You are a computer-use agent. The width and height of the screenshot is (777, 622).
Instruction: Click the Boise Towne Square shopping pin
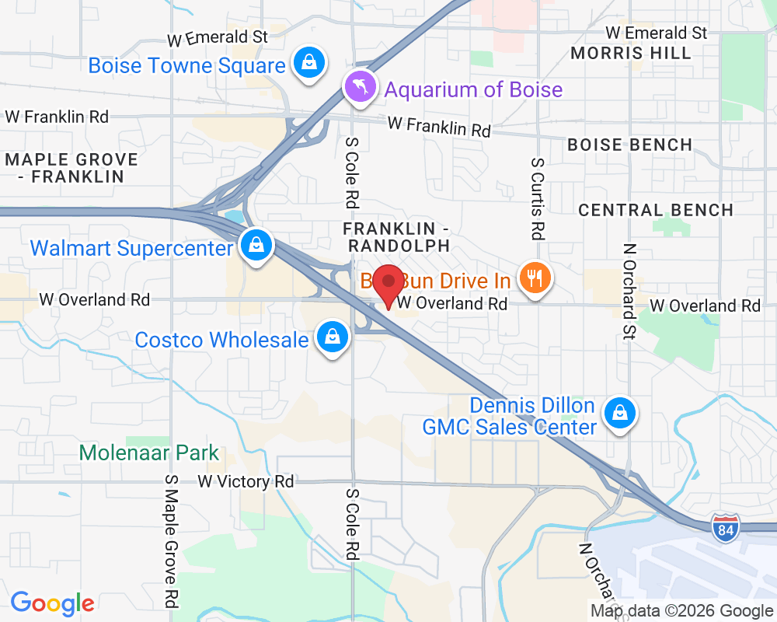(x=309, y=62)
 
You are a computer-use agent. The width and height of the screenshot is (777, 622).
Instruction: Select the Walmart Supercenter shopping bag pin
(x=255, y=246)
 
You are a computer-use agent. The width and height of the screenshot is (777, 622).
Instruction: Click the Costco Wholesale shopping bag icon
(x=333, y=338)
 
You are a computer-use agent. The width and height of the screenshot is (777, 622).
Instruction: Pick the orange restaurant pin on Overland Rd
(x=533, y=278)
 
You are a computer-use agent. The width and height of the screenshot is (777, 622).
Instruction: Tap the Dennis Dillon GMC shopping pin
(x=620, y=413)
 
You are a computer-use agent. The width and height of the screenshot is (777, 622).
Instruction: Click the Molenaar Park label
(x=149, y=453)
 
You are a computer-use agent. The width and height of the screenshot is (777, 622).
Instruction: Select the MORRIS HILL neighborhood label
(x=630, y=53)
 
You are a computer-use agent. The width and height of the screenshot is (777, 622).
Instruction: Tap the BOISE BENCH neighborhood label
(x=629, y=145)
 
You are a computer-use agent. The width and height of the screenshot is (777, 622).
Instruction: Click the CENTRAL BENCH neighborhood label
(x=656, y=210)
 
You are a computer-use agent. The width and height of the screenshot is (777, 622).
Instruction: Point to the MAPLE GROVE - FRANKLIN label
(x=71, y=168)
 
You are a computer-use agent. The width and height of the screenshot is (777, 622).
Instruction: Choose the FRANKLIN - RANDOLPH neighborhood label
(x=397, y=236)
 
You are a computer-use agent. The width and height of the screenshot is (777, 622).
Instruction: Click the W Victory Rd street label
(x=246, y=482)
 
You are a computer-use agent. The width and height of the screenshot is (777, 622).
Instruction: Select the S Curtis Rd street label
(x=537, y=197)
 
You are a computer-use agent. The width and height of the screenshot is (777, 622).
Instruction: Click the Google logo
(x=52, y=603)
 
